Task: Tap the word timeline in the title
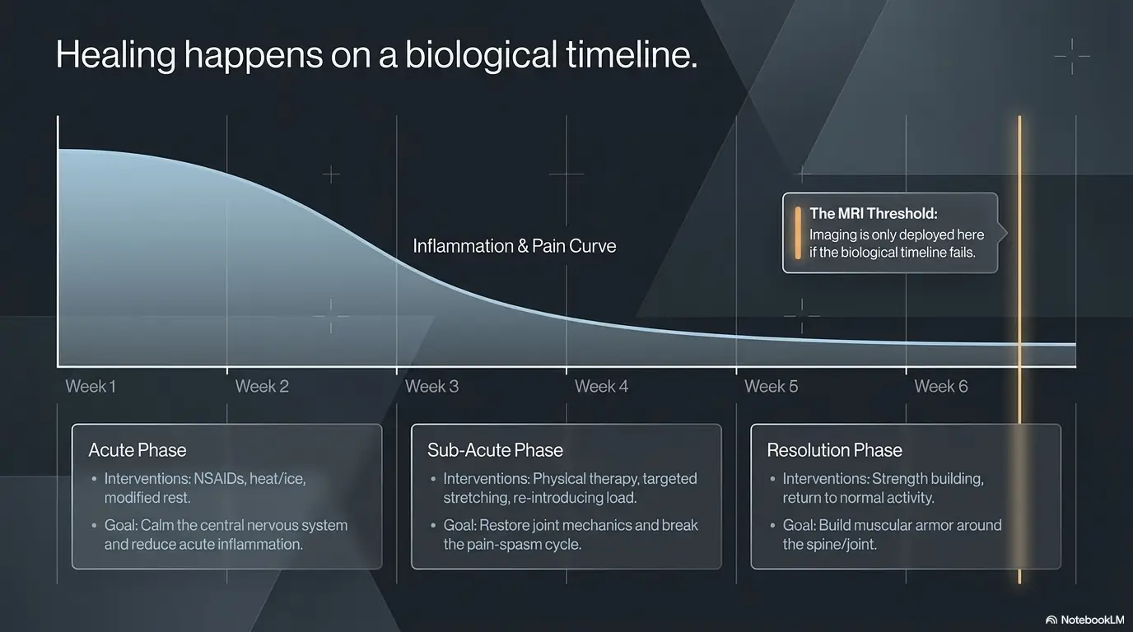pos(632,53)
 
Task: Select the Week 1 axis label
pos(91,386)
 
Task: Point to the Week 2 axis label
pos(262,386)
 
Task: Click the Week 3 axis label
pos(431,386)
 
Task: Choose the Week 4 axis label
pos(601,386)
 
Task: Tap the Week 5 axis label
pos(771,386)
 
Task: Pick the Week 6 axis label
pos(941,386)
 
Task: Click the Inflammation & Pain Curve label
pos(515,246)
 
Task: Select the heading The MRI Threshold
pos(874,213)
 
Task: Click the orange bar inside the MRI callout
pos(798,233)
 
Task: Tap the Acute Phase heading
pos(137,450)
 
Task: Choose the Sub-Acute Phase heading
pos(495,450)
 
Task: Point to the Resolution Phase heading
pos(834,450)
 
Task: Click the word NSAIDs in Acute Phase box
pos(219,478)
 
